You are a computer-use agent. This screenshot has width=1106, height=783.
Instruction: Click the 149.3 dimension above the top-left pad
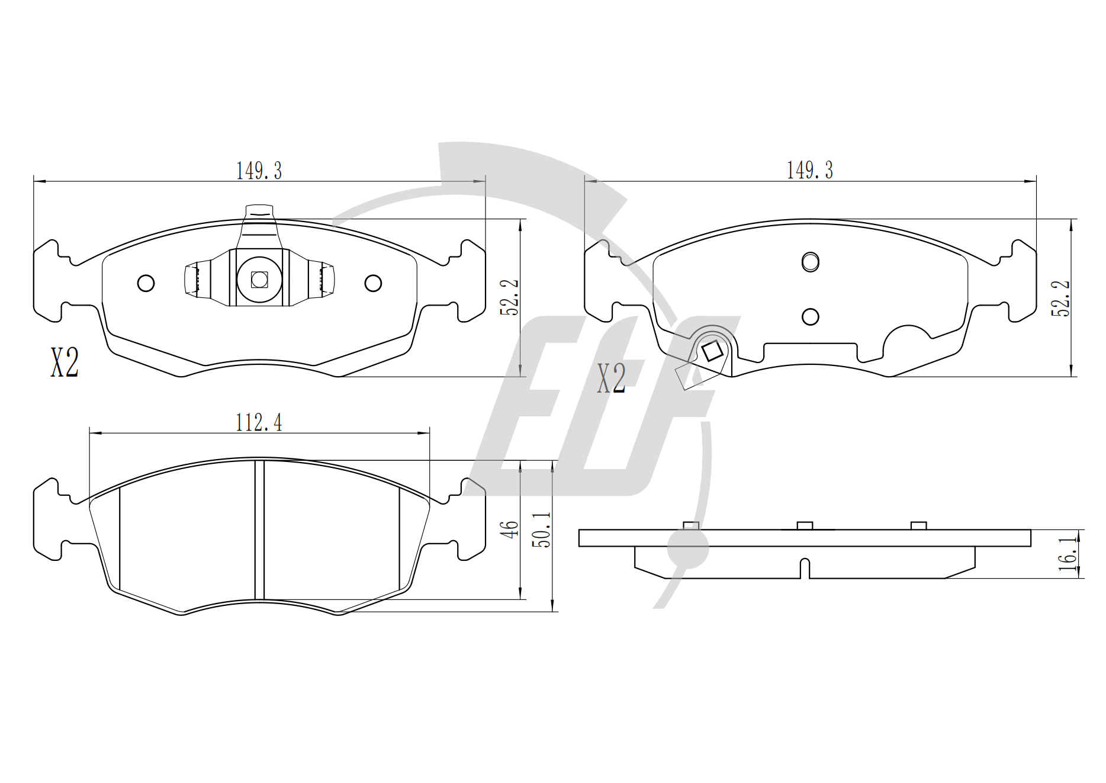(x=259, y=171)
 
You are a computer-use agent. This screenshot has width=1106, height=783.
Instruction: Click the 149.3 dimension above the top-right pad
(x=810, y=170)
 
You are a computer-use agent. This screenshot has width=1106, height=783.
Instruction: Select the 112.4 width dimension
(x=259, y=422)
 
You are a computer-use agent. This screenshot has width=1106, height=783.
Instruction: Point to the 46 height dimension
(x=510, y=529)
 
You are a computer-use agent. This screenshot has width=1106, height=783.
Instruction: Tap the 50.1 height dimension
(x=541, y=530)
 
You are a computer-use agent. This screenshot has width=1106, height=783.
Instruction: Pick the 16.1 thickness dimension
(x=1068, y=554)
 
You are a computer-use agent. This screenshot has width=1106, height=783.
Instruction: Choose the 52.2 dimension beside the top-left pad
(x=510, y=297)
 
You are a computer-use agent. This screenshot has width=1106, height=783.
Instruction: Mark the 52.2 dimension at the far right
(x=1060, y=298)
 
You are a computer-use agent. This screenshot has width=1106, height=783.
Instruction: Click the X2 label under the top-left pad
(x=65, y=362)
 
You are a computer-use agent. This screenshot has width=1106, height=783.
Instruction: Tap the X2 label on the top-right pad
(x=611, y=378)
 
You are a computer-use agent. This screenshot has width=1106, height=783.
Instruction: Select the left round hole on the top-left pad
(x=146, y=283)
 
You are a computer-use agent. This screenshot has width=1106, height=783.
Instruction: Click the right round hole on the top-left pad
(x=373, y=283)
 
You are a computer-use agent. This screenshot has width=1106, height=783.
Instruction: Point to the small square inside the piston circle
(x=259, y=280)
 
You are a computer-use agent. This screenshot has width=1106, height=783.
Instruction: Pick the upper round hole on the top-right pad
(x=810, y=262)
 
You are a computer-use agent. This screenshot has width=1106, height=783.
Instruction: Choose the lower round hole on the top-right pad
(x=810, y=317)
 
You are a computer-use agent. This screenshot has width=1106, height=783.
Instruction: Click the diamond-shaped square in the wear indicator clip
(x=711, y=351)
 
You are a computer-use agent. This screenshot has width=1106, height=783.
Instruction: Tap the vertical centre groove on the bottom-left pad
(x=259, y=530)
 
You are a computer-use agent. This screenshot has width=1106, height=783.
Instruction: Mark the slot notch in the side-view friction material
(x=805, y=568)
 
